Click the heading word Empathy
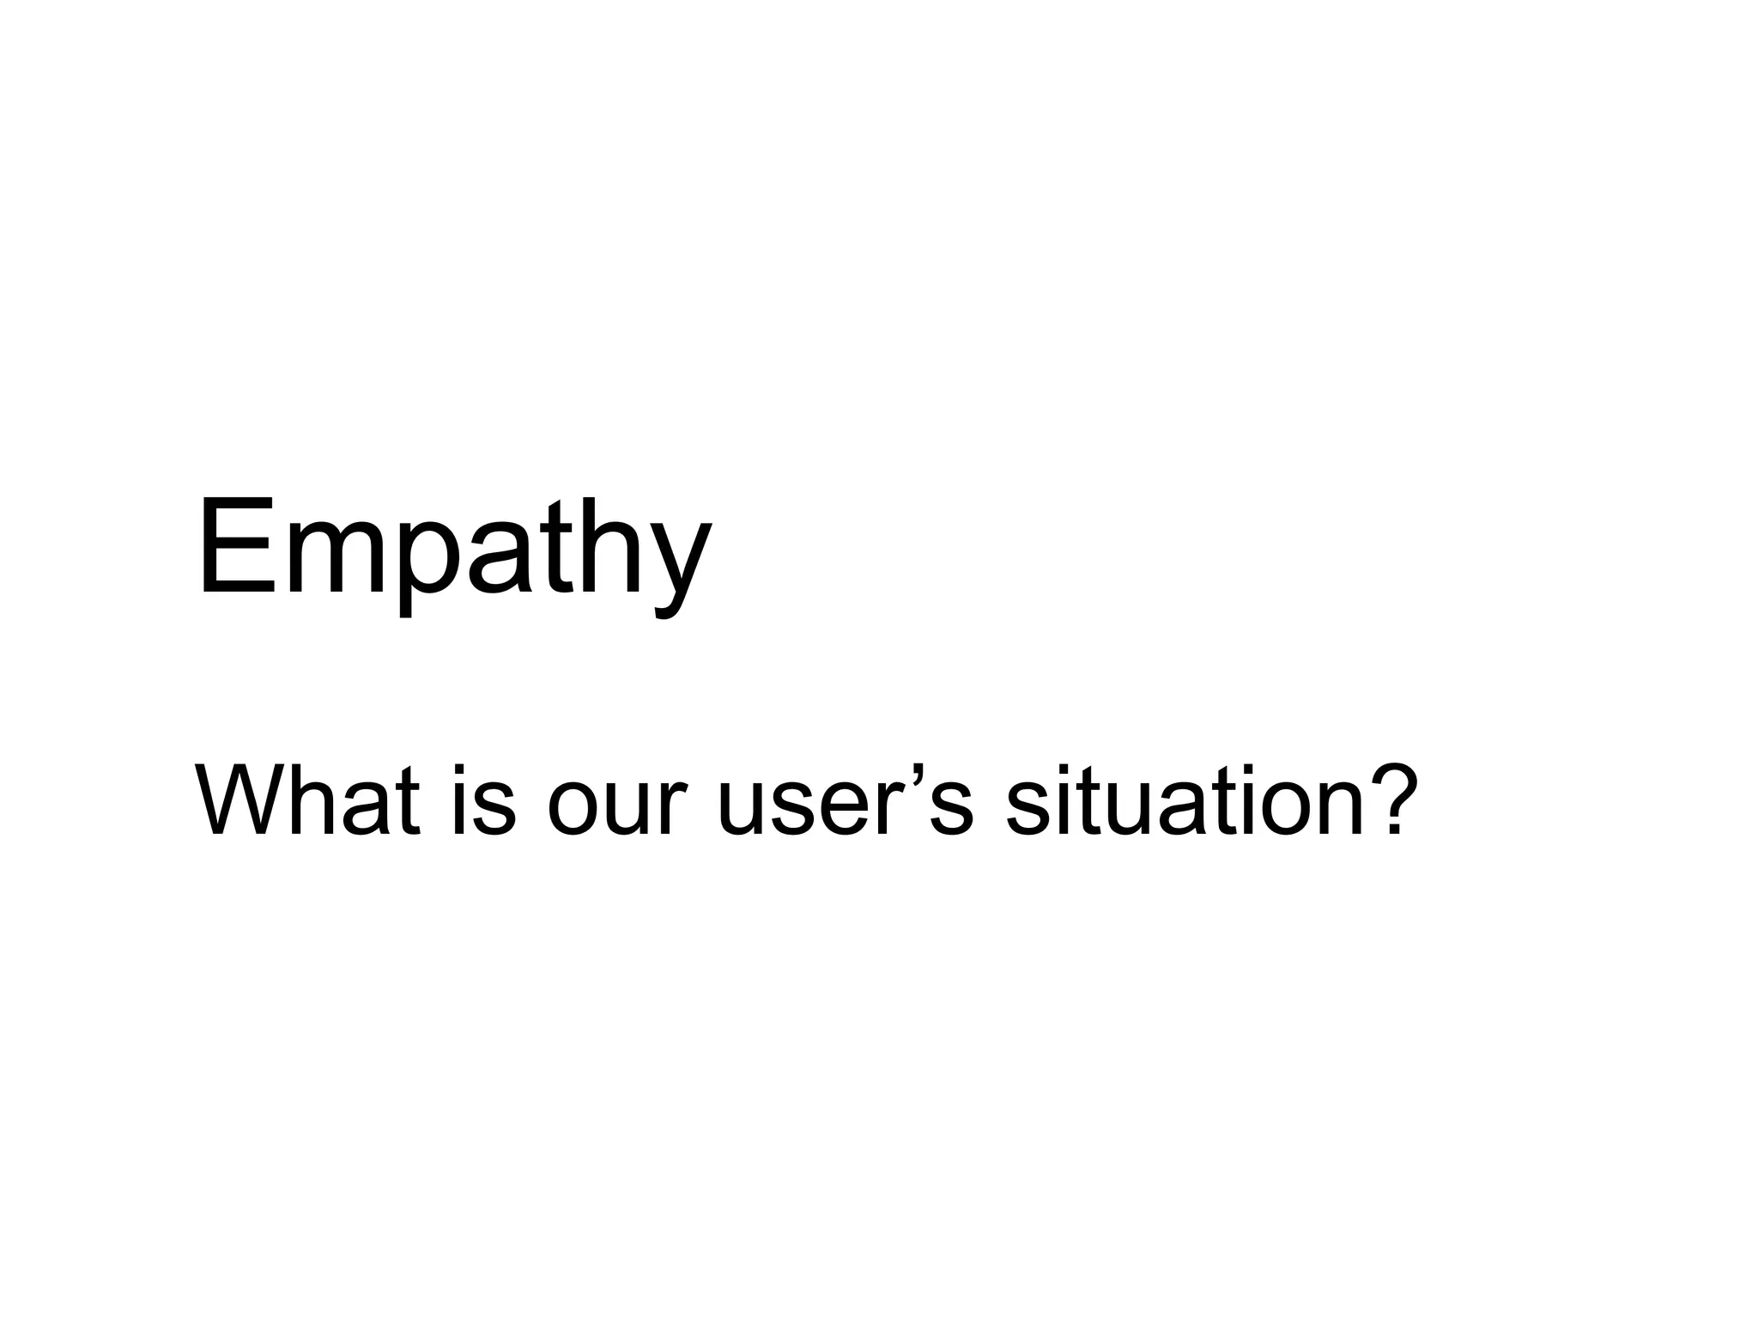pos(453,550)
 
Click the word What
pos(307,800)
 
